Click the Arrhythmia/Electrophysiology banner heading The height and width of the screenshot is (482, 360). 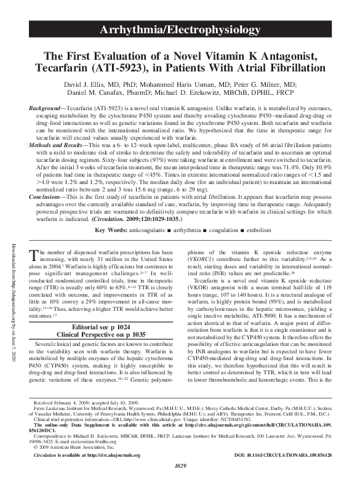tap(180, 29)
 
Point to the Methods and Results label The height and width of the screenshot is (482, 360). tap(63, 143)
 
